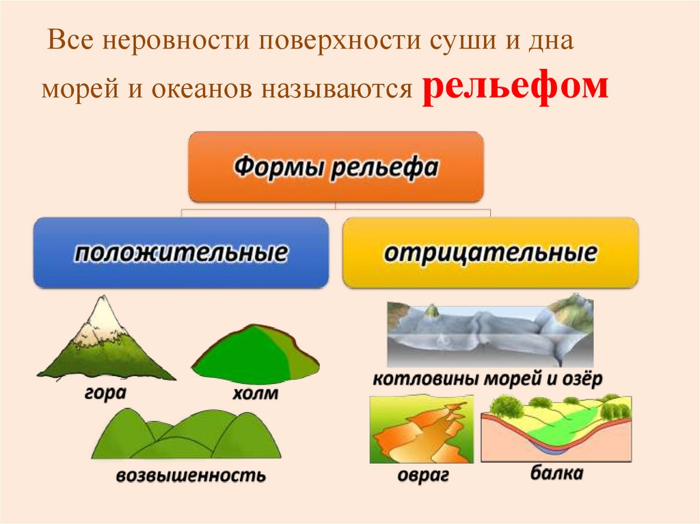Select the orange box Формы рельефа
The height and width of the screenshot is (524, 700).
[336, 167]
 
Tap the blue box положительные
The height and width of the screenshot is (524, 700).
[180, 253]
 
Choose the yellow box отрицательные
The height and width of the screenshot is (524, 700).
[490, 253]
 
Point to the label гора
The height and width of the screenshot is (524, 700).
[106, 393]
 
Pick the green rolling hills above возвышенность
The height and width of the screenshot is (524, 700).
[187, 435]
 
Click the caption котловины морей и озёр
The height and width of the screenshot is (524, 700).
[487, 380]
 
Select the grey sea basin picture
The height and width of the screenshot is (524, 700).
[489, 333]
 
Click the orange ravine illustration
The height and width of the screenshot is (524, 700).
[421, 430]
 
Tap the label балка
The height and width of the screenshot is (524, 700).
[556, 473]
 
